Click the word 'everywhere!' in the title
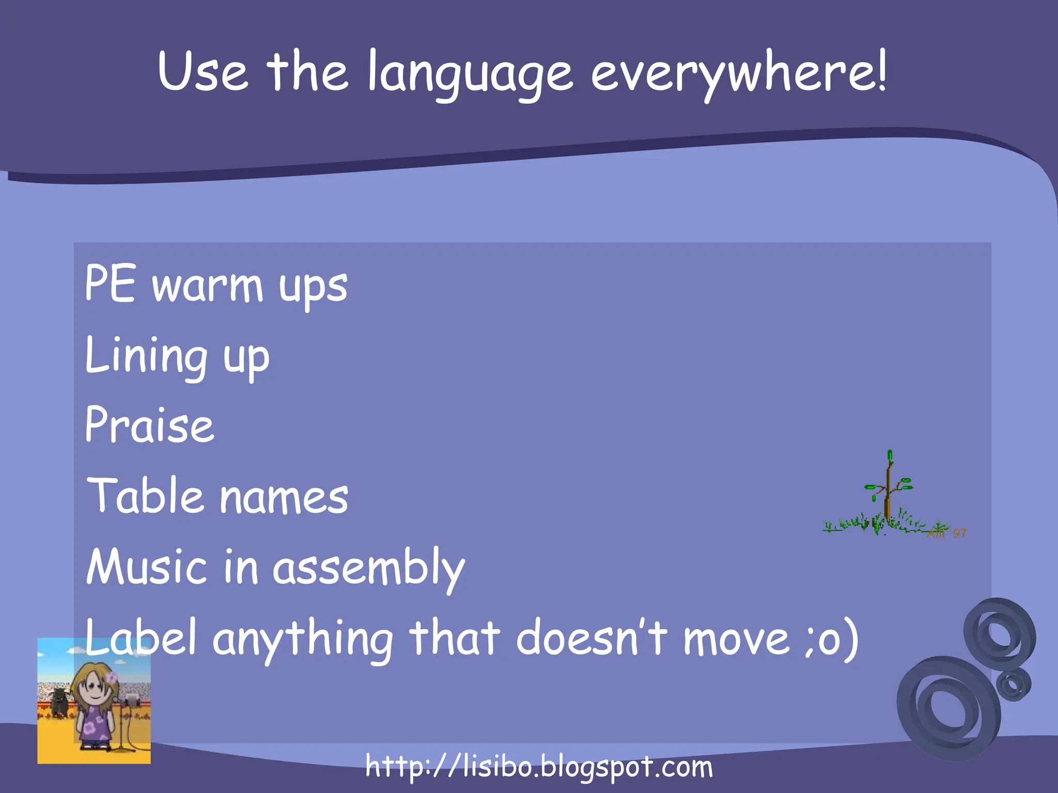[739, 72]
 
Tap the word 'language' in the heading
[470, 75]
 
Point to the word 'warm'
[208, 287]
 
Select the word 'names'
[284, 498]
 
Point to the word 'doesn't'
[592, 638]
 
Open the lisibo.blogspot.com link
[539, 767]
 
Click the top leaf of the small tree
[890, 456]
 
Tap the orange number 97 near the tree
[959, 533]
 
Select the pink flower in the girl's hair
[112, 677]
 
